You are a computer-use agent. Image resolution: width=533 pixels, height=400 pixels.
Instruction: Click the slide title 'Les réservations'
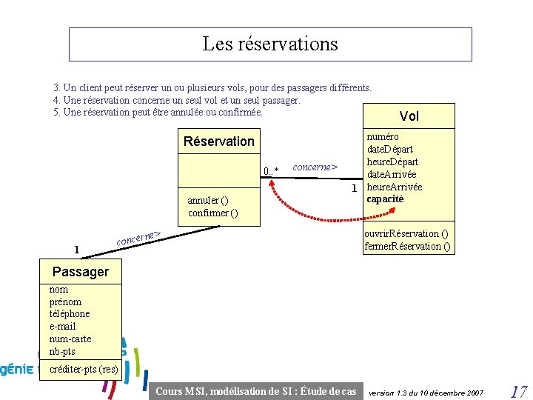(270, 44)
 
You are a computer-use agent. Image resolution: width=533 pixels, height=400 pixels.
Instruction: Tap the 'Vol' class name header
(409, 116)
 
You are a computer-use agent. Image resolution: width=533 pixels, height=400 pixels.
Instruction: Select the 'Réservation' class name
(218, 141)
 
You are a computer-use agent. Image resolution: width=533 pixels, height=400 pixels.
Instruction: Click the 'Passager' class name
(81, 271)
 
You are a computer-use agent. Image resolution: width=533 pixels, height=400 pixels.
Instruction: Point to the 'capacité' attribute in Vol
(386, 199)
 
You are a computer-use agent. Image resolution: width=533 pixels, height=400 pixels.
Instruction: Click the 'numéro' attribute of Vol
(383, 136)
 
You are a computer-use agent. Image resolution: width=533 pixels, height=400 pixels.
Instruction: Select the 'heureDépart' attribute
(392, 161)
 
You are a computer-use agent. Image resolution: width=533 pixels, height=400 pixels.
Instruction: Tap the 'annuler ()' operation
(208, 200)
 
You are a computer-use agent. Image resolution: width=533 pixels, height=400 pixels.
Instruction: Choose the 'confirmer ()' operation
(213, 213)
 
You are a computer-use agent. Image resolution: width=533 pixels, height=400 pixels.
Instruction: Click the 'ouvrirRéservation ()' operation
(406, 233)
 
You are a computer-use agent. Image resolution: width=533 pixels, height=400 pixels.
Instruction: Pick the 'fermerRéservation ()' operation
(408, 246)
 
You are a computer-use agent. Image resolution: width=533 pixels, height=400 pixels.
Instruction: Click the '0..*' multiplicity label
(271, 172)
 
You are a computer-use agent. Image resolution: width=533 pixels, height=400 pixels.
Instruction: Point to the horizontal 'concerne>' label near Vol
(315, 167)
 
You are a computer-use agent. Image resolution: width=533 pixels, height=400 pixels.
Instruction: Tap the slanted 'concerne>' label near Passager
(138, 238)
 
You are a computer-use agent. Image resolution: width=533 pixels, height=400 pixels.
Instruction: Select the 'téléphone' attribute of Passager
(70, 313)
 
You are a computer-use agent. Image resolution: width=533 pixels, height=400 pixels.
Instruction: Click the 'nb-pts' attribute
(62, 351)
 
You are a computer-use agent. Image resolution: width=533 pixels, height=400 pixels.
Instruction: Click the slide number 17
(517, 390)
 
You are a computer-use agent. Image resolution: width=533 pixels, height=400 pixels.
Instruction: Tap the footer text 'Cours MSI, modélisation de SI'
(256, 391)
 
